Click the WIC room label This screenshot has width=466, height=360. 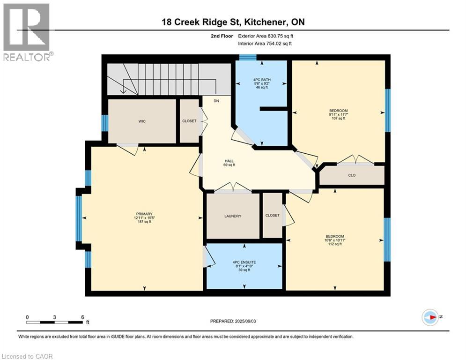[141, 121]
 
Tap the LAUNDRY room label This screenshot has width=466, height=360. [233, 216]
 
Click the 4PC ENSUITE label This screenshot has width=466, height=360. [244, 262]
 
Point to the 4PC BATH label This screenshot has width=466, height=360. [261, 80]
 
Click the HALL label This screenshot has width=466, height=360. [229, 161]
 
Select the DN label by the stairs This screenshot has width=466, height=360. [216, 101]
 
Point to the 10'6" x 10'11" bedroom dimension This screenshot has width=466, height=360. [335, 240]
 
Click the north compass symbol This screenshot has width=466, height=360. [430, 317]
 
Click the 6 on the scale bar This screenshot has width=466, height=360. [82, 317]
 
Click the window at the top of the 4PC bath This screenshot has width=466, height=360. [248, 58]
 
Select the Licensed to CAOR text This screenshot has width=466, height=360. [27, 356]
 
